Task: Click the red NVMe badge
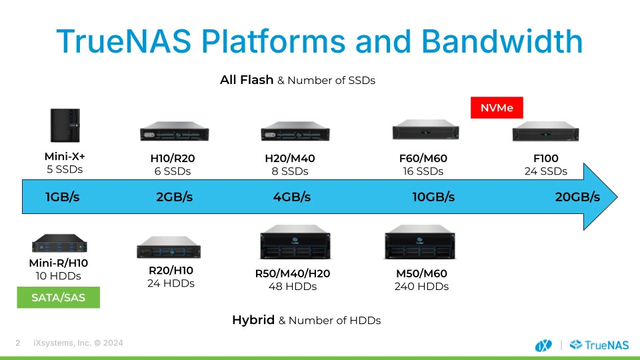497,108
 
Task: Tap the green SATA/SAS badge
59,297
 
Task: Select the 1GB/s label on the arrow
63,197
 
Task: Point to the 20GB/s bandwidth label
577,197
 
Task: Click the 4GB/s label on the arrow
292,197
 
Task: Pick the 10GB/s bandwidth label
433,197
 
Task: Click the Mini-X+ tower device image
65,125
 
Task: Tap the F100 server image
546,131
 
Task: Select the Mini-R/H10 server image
59,243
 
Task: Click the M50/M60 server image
420,242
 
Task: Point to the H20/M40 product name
290,159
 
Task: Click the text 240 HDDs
421,287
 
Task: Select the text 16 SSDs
423,171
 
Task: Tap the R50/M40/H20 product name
293,273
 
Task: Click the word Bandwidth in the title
501,41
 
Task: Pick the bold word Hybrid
253,320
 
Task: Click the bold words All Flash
247,79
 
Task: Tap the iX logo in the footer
543,346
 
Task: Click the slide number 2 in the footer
17,343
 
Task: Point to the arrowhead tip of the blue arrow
617,197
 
